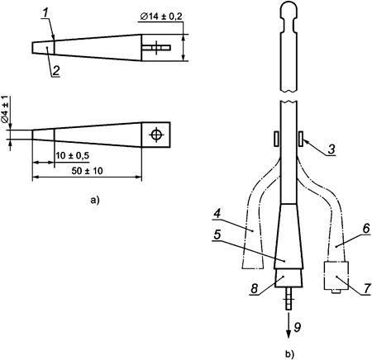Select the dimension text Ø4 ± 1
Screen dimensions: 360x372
6,109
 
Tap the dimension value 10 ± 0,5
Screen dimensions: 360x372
73,156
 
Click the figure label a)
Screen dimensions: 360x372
93,199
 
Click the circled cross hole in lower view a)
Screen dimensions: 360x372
155,134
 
